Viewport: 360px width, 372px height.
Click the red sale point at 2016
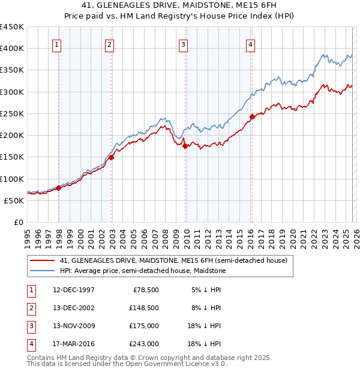click(x=252, y=116)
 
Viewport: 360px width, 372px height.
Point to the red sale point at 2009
click(x=185, y=146)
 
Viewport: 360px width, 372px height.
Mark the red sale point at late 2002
click(x=112, y=157)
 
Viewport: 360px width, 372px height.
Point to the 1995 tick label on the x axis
click(x=28, y=238)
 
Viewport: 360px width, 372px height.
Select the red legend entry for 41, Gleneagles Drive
click(x=174, y=260)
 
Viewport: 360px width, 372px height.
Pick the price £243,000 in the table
click(x=144, y=344)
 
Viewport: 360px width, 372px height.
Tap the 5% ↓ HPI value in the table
click(x=206, y=289)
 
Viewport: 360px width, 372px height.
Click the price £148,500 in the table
click(x=144, y=307)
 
